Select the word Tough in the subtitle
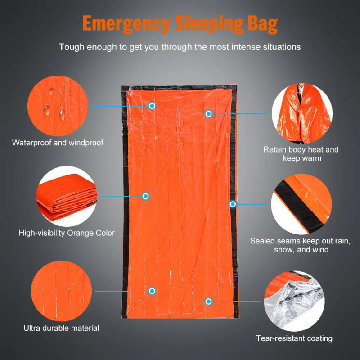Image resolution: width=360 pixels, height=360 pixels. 71,47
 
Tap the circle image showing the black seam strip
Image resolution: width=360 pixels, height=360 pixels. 301,205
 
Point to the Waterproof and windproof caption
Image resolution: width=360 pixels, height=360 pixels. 58,143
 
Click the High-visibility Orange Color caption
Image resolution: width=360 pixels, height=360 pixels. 67,233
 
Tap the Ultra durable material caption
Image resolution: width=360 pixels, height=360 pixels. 61,328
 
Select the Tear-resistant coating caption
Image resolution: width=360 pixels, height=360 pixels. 294,338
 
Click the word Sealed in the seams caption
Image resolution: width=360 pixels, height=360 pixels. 262,241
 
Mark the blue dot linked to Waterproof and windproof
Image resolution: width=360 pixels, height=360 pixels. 152,106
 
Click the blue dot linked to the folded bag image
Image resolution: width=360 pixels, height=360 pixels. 145,197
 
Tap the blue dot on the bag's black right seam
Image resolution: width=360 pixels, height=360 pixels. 233,204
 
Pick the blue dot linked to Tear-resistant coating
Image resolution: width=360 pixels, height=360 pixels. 208,301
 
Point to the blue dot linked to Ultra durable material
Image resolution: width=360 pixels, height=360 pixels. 152,292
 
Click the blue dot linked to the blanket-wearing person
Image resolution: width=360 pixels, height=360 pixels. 208,114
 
